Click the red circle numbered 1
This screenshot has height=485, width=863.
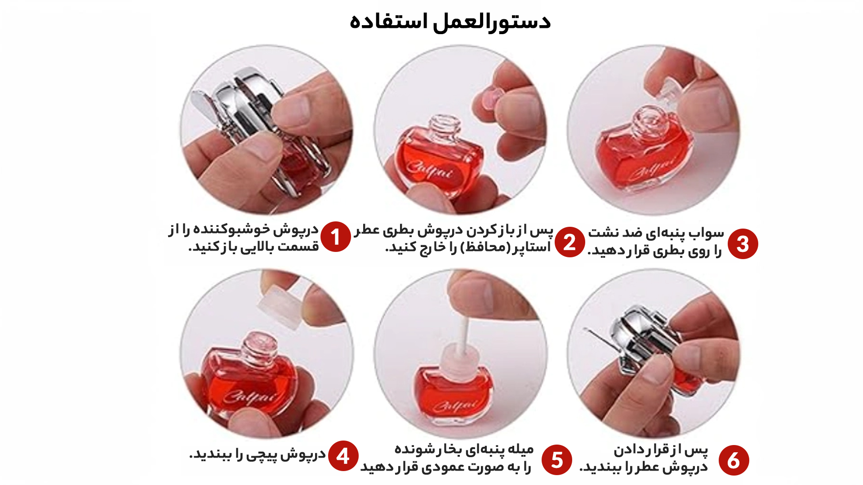(x=335, y=237)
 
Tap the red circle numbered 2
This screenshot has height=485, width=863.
(x=569, y=242)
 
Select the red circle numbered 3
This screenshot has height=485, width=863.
(x=743, y=244)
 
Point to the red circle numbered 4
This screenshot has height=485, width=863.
(x=343, y=456)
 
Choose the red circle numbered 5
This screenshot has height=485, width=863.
(x=556, y=460)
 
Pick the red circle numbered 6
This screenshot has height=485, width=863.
(x=734, y=460)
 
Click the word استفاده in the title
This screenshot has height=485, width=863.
(x=389, y=22)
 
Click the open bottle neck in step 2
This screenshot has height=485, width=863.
(x=444, y=127)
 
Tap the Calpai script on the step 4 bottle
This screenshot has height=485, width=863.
(x=250, y=397)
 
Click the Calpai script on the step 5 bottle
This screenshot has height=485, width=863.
(x=455, y=406)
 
